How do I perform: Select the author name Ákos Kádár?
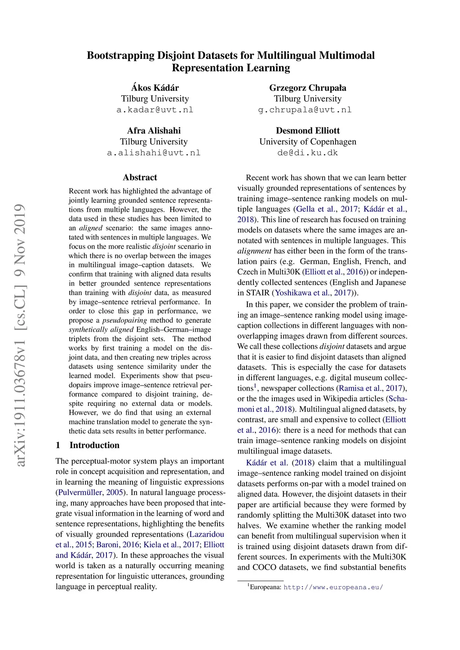click(x=155, y=88)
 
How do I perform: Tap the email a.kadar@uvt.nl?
click(x=155, y=110)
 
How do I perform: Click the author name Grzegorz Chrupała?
click(x=308, y=88)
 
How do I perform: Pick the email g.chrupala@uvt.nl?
click(x=305, y=110)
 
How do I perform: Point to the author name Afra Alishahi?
click(x=154, y=131)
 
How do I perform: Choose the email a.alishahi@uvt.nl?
click(x=154, y=153)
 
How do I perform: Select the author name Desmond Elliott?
click(x=308, y=131)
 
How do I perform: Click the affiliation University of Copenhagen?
click(x=308, y=142)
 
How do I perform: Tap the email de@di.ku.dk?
click(x=308, y=153)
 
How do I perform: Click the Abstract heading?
click(x=140, y=177)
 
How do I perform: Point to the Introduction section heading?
click(x=94, y=445)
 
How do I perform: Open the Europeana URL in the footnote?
click(x=333, y=587)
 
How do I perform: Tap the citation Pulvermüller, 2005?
click(x=90, y=492)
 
